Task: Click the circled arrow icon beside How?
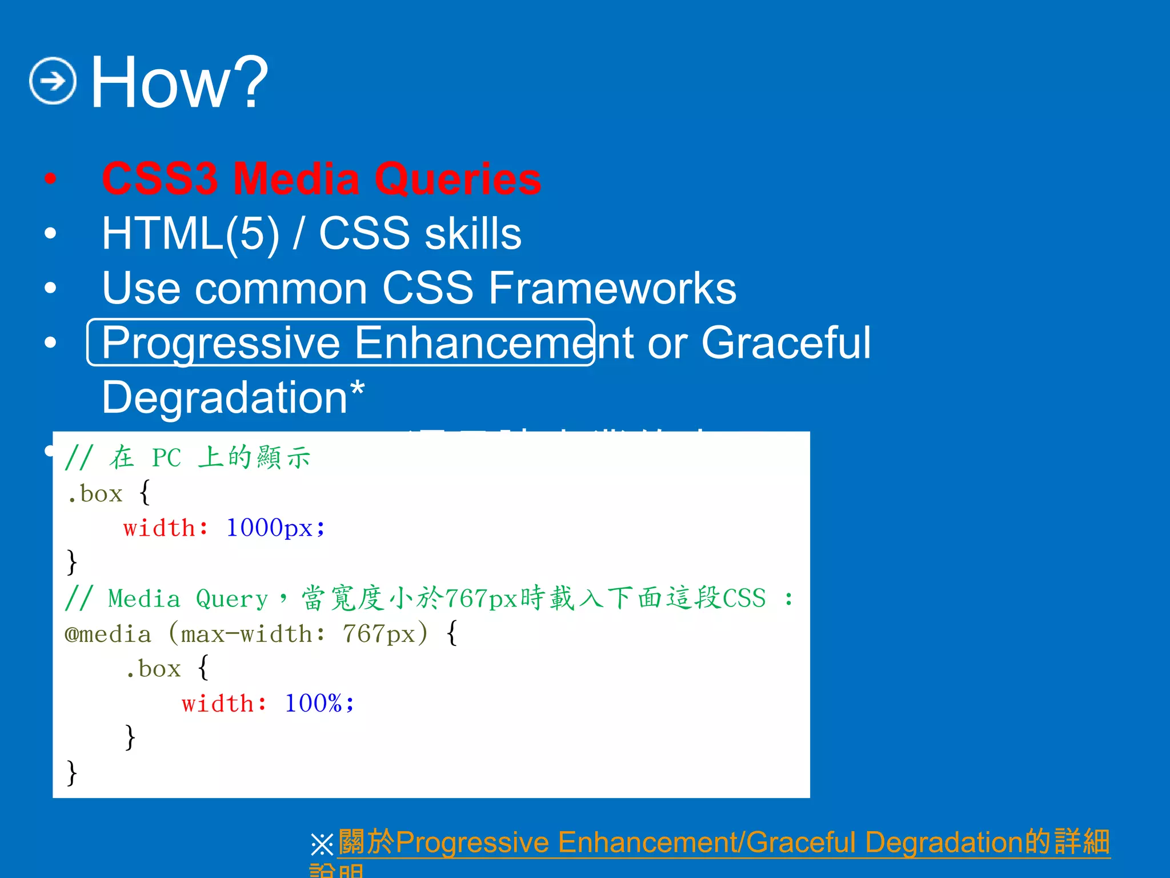pyautogui.click(x=53, y=81)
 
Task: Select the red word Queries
pyautogui.click(x=457, y=179)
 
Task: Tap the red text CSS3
pyautogui.click(x=160, y=179)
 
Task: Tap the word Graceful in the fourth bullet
pyautogui.click(x=786, y=343)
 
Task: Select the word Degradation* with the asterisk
pyautogui.click(x=233, y=397)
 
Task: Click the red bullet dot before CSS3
pyautogui.click(x=50, y=179)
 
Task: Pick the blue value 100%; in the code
pyautogui.click(x=319, y=703)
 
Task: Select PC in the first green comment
pyautogui.click(x=166, y=458)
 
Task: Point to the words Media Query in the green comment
pyautogui.click(x=187, y=599)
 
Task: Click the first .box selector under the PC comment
pyautogui.click(x=95, y=494)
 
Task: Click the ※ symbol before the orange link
pyautogui.click(x=322, y=844)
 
